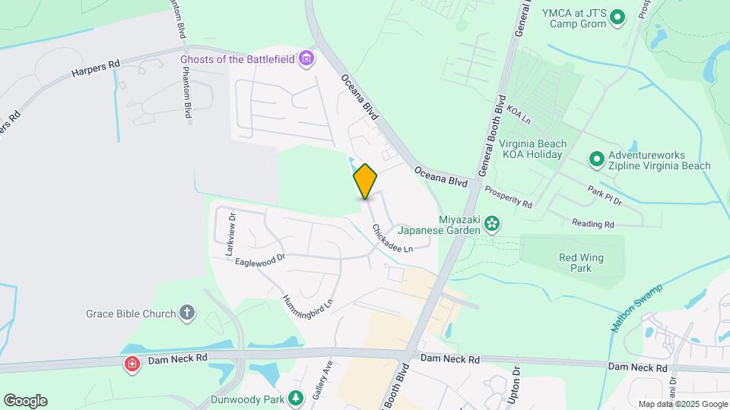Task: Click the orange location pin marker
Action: click(365, 181)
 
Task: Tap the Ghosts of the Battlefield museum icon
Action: click(306, 58)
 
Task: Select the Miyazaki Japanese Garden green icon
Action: click(493, 222)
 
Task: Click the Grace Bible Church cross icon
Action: click(187, 313)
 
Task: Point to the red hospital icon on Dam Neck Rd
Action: click(132, 364)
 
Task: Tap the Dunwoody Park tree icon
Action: click(296, 397)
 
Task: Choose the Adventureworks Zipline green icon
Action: click(597, 159)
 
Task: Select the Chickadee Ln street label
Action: click(392, 238)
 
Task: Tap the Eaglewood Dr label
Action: click(259, 260)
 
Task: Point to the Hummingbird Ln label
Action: click(308, 311)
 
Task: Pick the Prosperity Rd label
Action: click(508, 197)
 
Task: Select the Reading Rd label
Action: click(592, 224)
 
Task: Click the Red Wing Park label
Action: click(581, 263)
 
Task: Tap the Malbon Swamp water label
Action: click(636, 307)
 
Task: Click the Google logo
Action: click(25, 401)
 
